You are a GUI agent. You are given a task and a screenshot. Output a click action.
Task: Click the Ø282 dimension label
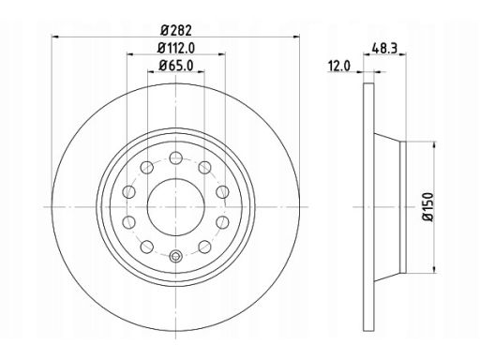pos(176,31)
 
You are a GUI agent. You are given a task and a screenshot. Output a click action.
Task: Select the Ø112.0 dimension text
pos(176,48)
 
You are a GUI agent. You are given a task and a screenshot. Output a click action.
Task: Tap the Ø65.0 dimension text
pos(176,66)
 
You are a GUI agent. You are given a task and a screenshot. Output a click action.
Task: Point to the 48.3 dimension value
pos(384,48)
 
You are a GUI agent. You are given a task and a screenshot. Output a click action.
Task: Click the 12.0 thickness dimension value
pos(339,67)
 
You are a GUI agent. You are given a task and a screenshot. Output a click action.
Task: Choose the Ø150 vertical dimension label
pos(428,207)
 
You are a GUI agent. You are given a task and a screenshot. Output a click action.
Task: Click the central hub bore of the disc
pos(176,207)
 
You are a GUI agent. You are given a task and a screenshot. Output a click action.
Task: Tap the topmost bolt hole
pos(176,157)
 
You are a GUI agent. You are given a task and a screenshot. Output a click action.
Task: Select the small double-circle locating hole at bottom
pos(175,256)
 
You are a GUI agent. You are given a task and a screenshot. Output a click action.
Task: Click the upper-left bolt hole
pos(146,168)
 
